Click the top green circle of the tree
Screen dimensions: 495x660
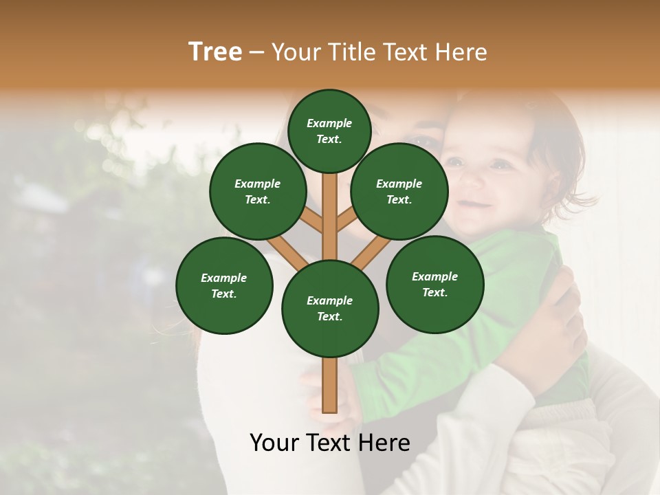[329, 131]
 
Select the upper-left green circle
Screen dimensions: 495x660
[257, 191]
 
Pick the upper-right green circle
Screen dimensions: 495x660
[399, 191]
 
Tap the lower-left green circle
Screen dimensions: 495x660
[223, 285]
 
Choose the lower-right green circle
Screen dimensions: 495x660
[434, 284]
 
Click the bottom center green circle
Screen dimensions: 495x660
[329, 308]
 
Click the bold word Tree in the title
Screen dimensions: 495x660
[215, 52]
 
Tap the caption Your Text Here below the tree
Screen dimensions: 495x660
[329, 442]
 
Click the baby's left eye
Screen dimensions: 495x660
[500, 165]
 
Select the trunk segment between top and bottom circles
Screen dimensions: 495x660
[329, 213]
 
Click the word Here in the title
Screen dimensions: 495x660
[462, 52]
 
